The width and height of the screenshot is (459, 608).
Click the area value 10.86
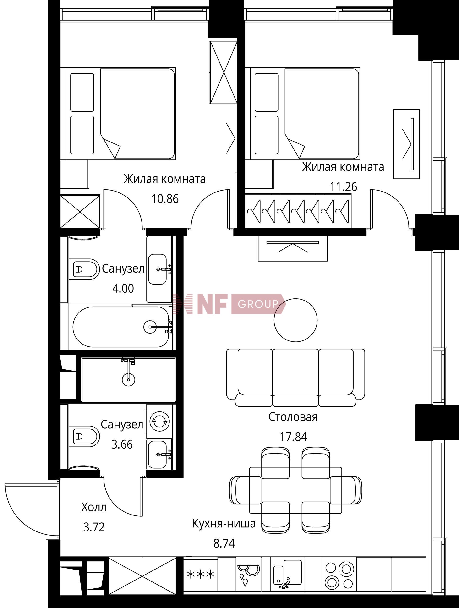(165, 199)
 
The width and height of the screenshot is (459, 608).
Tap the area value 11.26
(343, 187)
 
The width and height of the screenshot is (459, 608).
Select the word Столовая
(293, 417)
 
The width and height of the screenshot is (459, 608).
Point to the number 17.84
(293, 437)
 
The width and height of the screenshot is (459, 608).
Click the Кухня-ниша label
(224, 524)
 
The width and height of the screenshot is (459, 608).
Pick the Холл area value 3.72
(94, 527)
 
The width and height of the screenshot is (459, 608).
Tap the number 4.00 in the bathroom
(123, 288)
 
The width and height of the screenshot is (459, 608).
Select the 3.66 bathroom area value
(122, 444)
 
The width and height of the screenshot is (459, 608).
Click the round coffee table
(296, 320)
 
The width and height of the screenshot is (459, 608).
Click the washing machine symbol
(159, 421)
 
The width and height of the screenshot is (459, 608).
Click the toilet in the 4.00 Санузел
(84, 269)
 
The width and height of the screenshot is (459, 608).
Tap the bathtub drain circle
(150, 327)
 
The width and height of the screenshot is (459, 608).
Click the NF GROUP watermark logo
(229, 304)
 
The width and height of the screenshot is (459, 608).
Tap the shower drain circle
(128, 380)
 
